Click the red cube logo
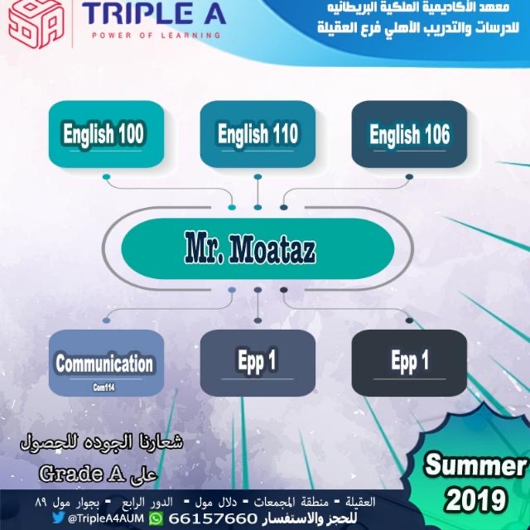(x=36, y=23)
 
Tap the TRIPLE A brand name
(x=154, y=13)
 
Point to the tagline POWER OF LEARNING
(x=157, y=35)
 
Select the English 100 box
(x=107, y=134)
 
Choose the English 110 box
(x=258, y=134)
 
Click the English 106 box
(x=409, y=134)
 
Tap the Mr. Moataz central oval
(x=258, y=248)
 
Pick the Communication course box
(x=107, y=363)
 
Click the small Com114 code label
(x=104, y=388)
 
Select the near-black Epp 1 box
(x=409, y=363)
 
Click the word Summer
(x=476, y=466)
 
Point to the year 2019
(x=476, y=499)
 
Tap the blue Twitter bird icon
(x=59, y=517)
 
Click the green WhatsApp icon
(x=156, y=518)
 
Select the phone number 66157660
(x=213, y=518)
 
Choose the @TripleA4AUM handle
(x=106, y=518)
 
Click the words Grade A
(x=82, y=473)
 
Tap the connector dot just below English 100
(x=107, y=176)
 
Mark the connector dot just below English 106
(x=409, y=176)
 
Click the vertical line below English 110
(x=258, y=192)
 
